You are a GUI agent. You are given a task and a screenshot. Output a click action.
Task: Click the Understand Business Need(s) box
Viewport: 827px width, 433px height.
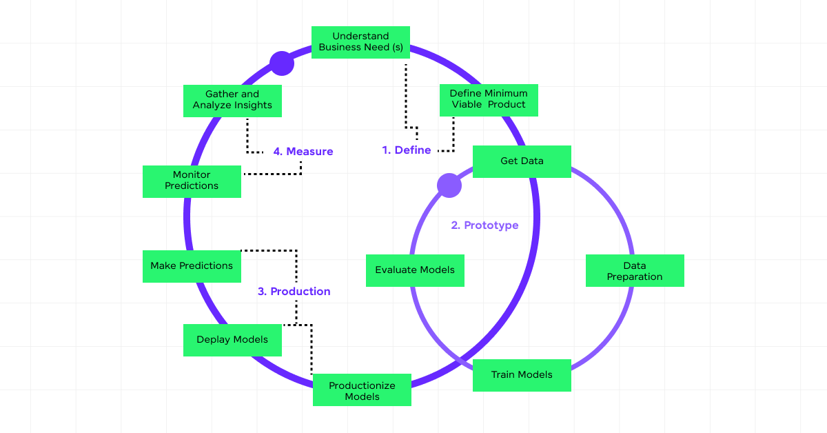360,42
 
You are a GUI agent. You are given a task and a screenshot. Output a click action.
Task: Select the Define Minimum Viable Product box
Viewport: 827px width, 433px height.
489,99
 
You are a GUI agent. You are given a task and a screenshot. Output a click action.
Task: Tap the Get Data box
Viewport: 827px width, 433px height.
522,161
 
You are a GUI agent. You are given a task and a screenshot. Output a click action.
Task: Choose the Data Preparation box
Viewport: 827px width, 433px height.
635,271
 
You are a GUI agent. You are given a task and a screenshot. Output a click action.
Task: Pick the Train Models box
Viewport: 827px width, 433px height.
522,375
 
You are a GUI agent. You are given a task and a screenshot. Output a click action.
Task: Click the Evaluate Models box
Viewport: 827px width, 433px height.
415,270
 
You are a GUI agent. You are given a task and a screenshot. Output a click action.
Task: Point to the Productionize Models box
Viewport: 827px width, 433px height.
362,391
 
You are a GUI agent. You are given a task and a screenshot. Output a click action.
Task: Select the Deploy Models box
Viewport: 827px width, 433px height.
232,340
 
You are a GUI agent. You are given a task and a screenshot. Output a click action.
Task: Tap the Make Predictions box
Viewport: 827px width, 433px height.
192,266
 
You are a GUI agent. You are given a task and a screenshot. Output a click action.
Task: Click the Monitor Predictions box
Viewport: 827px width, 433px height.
192,181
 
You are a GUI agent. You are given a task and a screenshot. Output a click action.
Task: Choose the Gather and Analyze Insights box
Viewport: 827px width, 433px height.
232,100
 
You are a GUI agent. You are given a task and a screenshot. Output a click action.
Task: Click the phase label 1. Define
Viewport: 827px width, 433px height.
407,150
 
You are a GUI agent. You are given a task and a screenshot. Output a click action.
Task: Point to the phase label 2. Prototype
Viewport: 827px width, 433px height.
484,225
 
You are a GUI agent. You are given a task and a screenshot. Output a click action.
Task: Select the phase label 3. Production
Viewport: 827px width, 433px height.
294,292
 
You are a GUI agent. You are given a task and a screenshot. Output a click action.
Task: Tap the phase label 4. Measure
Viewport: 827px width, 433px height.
303,152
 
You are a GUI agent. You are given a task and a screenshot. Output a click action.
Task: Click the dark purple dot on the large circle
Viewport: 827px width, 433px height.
282,63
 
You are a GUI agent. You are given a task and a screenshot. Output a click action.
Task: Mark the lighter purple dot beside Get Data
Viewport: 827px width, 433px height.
449,185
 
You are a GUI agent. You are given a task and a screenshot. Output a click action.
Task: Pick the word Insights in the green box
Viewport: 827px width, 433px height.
253,105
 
